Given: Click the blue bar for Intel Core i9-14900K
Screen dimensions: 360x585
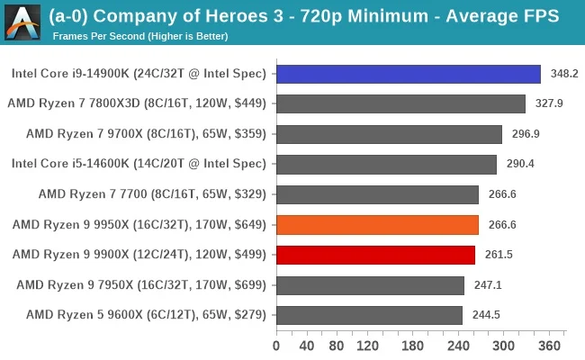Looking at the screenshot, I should (408, 74).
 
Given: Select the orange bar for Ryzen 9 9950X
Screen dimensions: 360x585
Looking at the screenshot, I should (377, 225).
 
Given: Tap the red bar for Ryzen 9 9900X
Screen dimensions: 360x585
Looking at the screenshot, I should (375, 255).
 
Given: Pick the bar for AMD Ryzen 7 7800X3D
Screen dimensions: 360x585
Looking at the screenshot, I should (400, 103).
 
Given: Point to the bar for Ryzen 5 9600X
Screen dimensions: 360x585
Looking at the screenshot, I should (369, 315).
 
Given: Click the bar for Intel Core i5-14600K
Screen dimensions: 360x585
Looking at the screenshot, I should (386, 164).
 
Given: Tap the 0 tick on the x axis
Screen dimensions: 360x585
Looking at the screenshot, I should (276, 346).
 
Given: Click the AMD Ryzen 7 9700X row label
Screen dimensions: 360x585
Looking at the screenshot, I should (146, 134).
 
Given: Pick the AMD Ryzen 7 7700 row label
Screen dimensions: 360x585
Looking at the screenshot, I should (152, 194).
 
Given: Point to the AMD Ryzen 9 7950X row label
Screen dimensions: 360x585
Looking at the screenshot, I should (141, 285).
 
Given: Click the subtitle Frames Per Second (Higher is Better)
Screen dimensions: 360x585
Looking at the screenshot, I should (140, 36).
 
